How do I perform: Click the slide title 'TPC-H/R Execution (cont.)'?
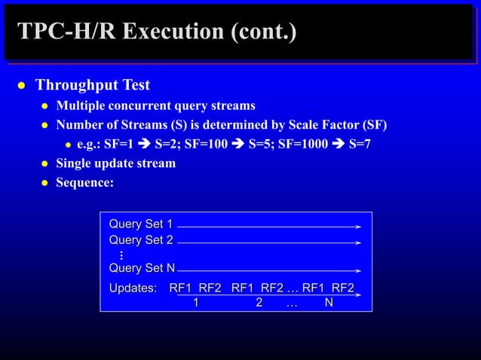(x=157, y=32)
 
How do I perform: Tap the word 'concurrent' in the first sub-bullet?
(x=149, y=105)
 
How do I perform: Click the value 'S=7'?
(x=357, y=144)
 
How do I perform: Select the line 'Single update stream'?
(x=115, y=163)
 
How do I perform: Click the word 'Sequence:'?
(x=84, y=183)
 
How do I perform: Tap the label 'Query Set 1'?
(x=141, y=224)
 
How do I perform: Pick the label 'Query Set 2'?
(x=141, y=240)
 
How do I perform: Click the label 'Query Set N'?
(x=142, y=269)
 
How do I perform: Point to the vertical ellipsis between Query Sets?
(x=121, y=255)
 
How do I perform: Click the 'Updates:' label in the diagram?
(x=133, y=288)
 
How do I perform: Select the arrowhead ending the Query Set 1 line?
(x=359, y=226)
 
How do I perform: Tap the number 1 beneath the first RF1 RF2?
(x=195, y=303)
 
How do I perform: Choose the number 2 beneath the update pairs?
(x=259, y=303)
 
